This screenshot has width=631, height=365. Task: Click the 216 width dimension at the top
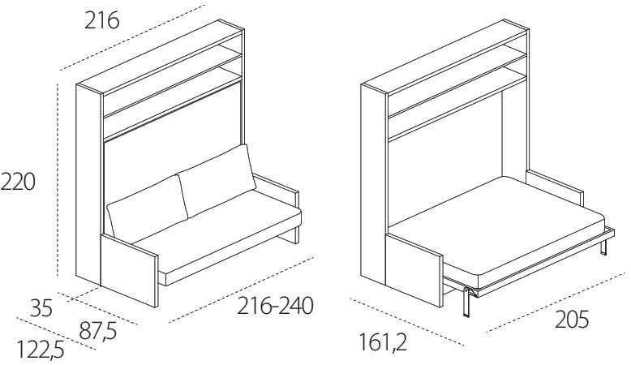[x=102, y=20]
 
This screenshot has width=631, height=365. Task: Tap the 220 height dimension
[x=18, y=182]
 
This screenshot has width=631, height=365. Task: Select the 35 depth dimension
[x=41, y=308]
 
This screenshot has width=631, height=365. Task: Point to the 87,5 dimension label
[x=98, y=331]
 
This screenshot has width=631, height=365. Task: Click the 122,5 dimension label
[x=41, y=349]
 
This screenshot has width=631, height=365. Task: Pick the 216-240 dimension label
[x=275, y=306]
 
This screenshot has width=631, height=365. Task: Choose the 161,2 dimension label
[x=383, y=342]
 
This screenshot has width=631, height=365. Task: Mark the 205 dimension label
[x=572, y=320]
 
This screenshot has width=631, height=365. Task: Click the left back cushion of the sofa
[x=148, y=208]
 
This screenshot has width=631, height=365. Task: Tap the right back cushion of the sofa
[x=217, y=180]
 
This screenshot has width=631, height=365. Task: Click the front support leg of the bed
[x=466, y=302]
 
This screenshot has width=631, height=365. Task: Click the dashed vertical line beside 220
[x=58, y=179]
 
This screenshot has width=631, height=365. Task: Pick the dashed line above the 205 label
[x=556, y=303]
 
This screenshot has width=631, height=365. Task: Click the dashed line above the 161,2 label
[x=407, y=322]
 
